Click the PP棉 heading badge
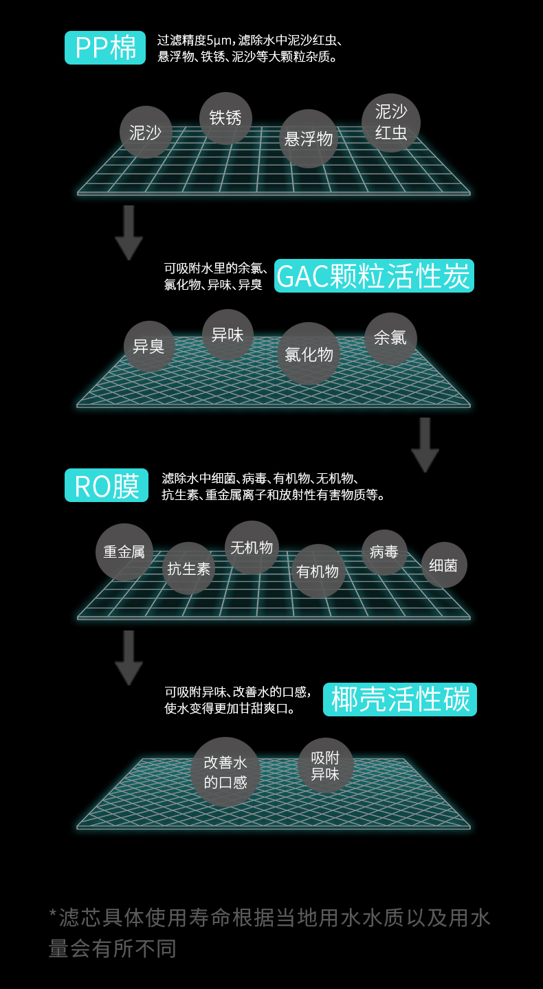point(105,48)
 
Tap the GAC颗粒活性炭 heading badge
point(374,276)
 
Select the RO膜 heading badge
point(107,486)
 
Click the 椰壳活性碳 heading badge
point(400,700)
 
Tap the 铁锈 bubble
point(225,118)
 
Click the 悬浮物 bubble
point(309,139)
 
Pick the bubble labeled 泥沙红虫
point(390,123)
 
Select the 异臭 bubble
point(148,346)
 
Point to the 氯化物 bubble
point(309,354)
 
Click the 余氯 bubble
point(390,338)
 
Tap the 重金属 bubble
point(124,552)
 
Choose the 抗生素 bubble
point(189,569)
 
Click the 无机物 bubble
point(252,547)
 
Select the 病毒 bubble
point(384,552)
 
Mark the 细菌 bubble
point(443,565)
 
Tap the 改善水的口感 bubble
point(225,772)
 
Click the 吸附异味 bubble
point(325,766)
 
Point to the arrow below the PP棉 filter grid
point(129,231)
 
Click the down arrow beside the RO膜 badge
point(425,444)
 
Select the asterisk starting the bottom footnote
point(53,914)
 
